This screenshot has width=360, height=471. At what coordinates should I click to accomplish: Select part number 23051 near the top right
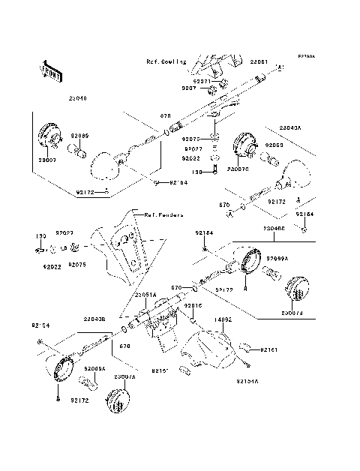pos(258,62)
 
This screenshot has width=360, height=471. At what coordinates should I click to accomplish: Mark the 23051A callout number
pos(145,295)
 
